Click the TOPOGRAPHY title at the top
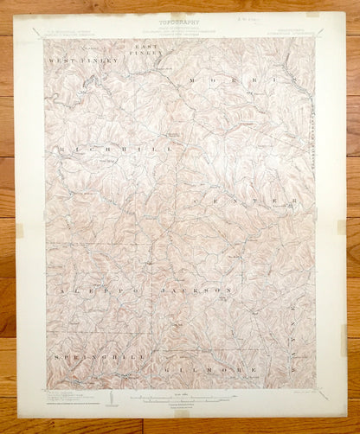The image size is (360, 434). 180,21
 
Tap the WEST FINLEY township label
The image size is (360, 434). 74,61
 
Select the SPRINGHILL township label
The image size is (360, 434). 88,357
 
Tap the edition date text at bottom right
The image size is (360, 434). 295,392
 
